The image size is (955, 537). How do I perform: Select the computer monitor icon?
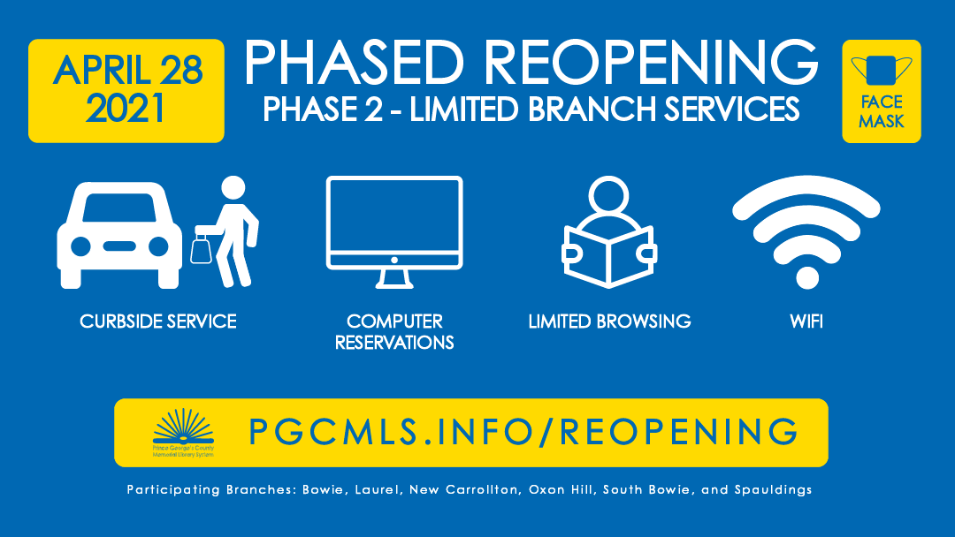coord(394,231)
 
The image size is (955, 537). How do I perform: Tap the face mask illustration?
coord(882,71)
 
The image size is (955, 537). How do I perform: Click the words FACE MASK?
coord(882,112)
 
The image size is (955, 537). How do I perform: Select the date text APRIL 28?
coord(127,71)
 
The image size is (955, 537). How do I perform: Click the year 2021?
coord(126,108)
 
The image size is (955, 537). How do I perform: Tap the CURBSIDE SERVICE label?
coord(158,321)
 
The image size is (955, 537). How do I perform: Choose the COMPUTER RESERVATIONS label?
coord(394,331)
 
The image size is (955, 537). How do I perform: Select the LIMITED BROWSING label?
coord(609,321)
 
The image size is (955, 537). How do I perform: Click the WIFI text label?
coord(806,321)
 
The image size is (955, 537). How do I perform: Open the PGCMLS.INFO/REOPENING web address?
coord(523,432)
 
